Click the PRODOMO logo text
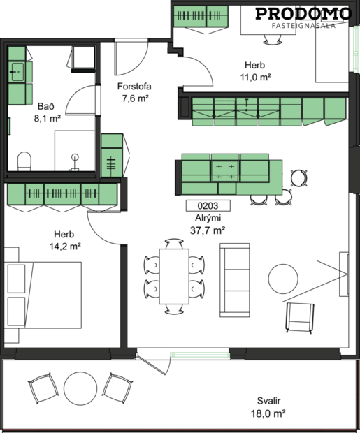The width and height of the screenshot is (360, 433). click(x=303, y=13)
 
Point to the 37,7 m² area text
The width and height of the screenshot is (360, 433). click(x=210, y=229)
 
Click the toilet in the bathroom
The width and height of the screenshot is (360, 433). click(x=24, y=161)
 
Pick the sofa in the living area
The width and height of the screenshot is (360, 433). click(x=236, y=278)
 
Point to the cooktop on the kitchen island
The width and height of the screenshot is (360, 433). click(x=225, y=168)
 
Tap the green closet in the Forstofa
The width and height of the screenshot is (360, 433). click(x=112, y=155)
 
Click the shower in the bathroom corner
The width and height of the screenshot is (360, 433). click(x=83, y=55)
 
